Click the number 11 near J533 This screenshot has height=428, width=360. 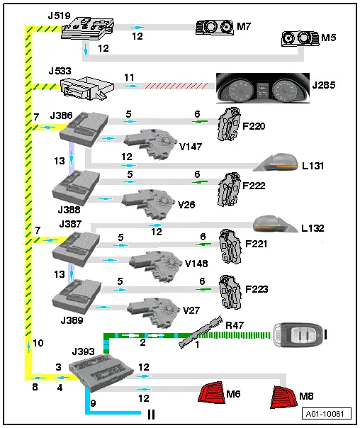coord(129,76)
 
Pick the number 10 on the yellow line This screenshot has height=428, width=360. coord(38,344)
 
